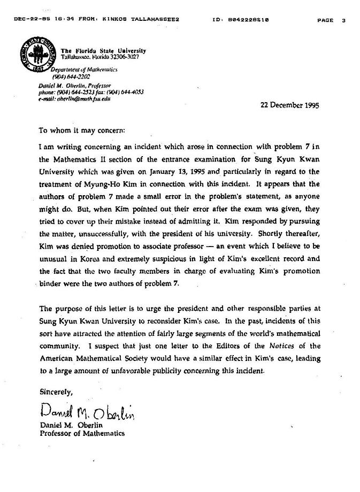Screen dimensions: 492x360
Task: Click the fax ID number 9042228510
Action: click(x=248, y=20)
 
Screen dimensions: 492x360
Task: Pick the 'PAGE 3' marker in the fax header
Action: click(x=331, y=20)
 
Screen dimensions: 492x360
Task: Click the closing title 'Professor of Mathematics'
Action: click(x=82, y=433)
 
